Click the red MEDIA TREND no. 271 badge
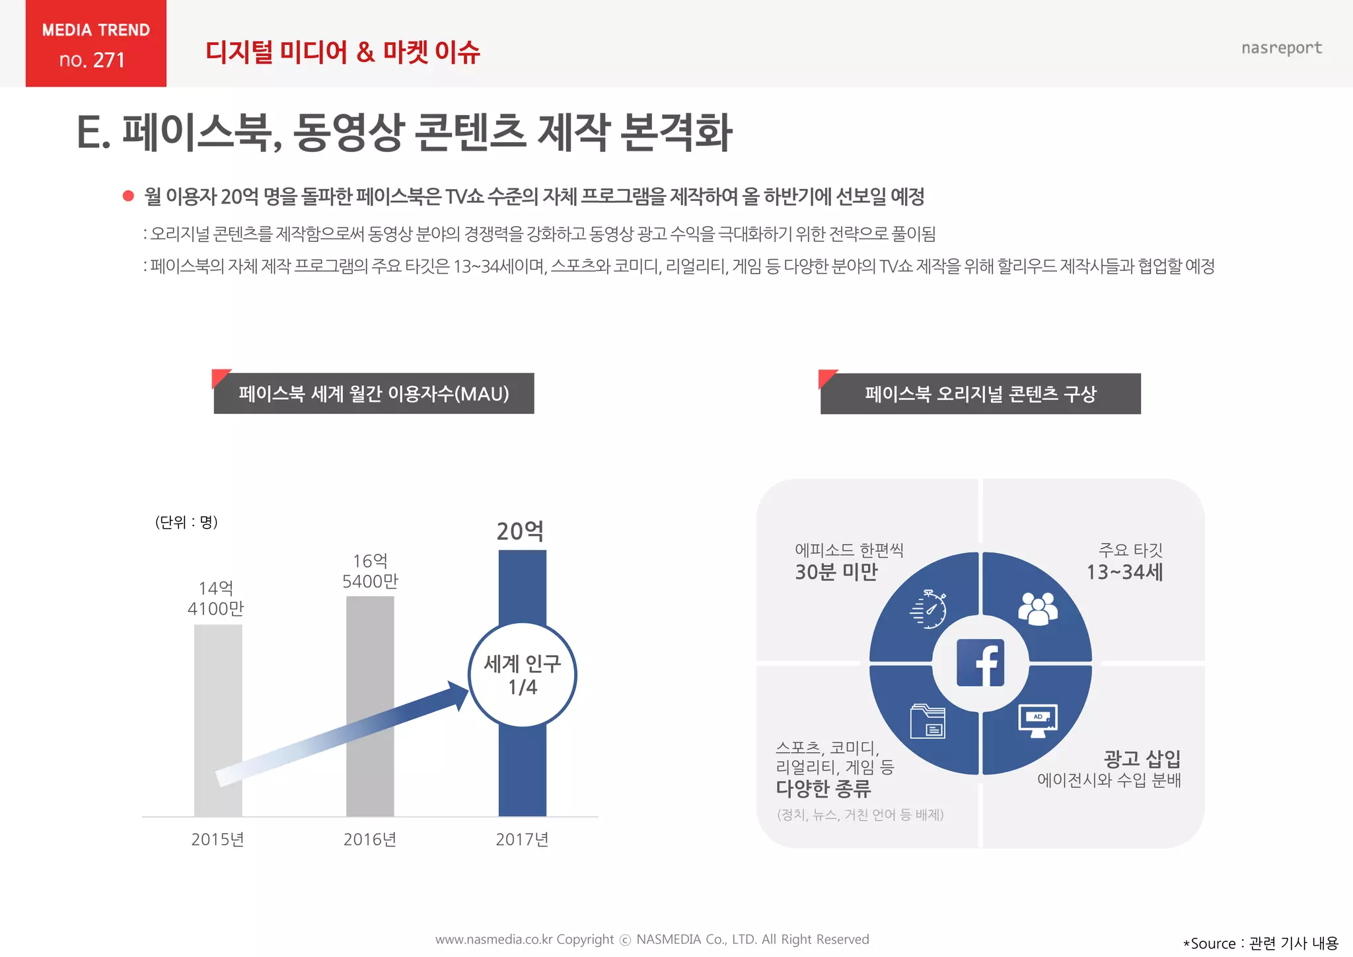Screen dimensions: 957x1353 coord(96,44)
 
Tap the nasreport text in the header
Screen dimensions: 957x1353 coord(1281,48)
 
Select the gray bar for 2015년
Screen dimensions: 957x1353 coord(218,720)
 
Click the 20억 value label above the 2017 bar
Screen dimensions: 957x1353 coord(521,531)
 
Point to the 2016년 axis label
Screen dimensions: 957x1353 coord(370,839)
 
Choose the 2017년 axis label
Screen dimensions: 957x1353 coord(523,839)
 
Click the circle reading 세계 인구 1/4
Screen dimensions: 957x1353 coord(523,675)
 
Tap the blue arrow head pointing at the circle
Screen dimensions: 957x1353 coord(458,694)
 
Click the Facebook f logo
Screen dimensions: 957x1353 coord(980,663)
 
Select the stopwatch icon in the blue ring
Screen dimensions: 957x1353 coord(928,610)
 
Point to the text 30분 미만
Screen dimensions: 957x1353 coord(836,572)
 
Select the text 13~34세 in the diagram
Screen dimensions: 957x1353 coord(1124,572)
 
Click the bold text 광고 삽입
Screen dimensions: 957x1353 coord(1142,758)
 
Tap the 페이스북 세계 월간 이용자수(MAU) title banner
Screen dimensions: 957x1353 coord(374,394)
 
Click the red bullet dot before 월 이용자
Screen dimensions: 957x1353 coord(129,196)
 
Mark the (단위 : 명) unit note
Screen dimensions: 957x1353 coord(186,522)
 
